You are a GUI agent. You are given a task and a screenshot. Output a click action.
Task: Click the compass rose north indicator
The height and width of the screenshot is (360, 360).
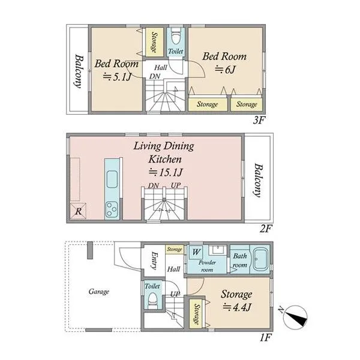pos(295,317)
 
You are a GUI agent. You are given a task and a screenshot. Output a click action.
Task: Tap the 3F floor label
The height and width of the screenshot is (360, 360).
pos(259,120)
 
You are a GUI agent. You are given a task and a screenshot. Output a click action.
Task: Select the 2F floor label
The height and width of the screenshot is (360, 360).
pos(266,229)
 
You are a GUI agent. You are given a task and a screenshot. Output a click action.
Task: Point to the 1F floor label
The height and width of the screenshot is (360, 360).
pos(266,337)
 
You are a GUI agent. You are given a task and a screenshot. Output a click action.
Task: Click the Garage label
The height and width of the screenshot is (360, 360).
pos(99,292)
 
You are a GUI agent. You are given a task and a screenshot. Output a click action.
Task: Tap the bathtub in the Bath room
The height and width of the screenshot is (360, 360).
pos(260,259)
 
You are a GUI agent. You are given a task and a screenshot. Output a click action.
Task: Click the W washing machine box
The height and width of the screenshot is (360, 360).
pos(196,252)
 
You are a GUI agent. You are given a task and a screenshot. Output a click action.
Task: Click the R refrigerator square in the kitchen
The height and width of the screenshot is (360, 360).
pos(78,211)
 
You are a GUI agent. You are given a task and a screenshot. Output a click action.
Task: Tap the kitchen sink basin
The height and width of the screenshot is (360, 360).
pos(112,179)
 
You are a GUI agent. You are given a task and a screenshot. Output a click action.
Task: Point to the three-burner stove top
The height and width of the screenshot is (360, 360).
pos(112,209)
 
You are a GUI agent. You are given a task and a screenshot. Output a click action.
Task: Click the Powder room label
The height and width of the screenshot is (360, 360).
pos(207,266)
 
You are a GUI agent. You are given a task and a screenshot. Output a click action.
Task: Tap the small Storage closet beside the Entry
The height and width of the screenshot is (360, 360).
pos(175,250)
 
